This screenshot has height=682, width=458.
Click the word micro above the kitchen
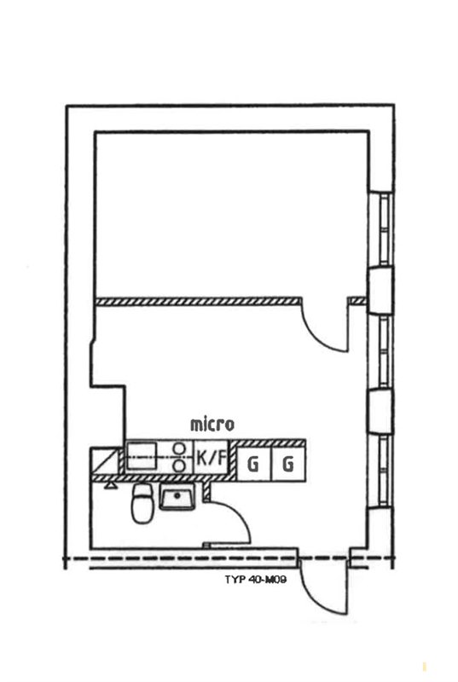[212, 425]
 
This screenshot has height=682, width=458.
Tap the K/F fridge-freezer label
[212, 458]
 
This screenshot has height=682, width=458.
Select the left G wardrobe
[253, 465]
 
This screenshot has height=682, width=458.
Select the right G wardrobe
[288, 464]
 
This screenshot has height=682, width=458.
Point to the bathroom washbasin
[177, 496]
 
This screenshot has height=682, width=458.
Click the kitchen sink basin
[141, 456]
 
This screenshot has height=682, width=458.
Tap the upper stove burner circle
[178, 448]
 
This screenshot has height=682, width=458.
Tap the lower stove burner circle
[178, 465]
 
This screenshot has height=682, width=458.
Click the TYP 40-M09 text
[256, 580]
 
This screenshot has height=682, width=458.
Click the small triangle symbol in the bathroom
[111, 485]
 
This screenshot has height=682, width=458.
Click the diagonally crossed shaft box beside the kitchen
[105, 461]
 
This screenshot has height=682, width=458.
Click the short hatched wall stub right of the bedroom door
[358, 301]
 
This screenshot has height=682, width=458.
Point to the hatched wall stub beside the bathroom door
[207, 491]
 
